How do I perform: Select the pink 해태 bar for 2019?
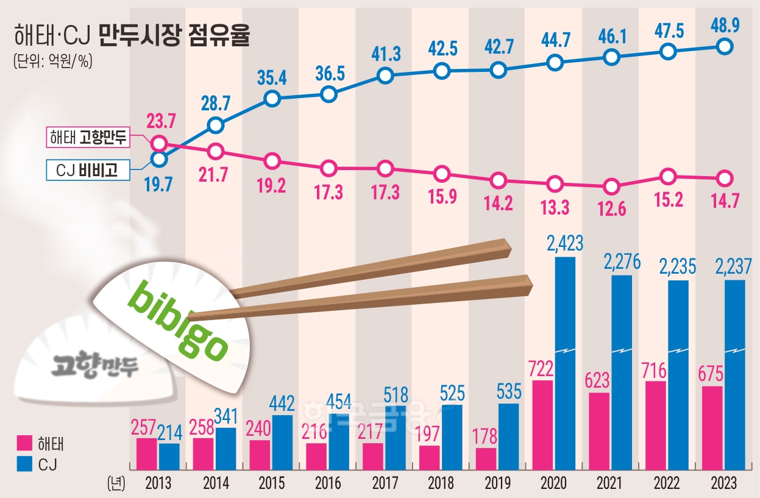(486, 458)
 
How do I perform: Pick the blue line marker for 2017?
(385, 76)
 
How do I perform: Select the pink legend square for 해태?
(24, 443)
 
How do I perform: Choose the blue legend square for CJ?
(24, 465)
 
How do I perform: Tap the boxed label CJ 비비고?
(87, 171)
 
